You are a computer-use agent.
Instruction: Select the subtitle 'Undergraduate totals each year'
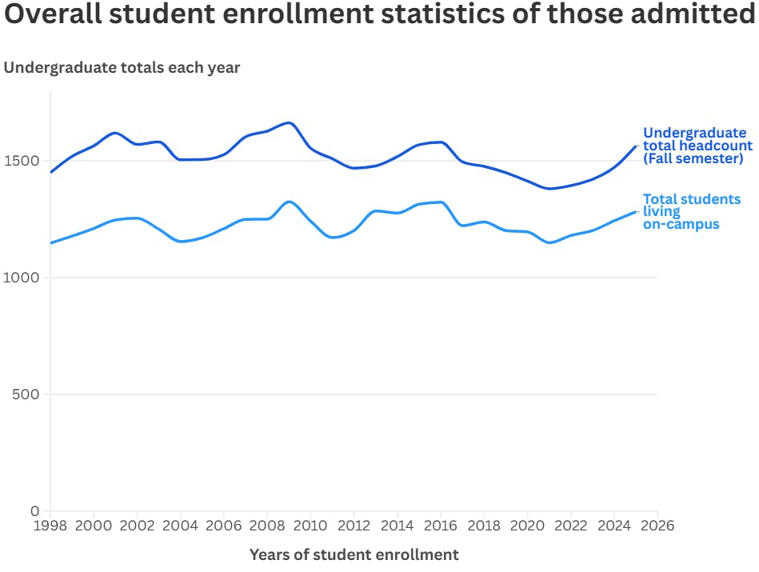pos(122,68)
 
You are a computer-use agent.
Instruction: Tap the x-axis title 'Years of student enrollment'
pos(354,554)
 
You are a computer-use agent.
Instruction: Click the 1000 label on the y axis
pos(22,278)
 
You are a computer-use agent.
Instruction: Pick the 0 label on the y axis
pos(34,510)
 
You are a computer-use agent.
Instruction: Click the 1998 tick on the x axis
pos(50,526)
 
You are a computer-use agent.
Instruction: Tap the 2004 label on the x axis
pos(180,526)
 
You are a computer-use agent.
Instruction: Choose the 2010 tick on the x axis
pos(310,526)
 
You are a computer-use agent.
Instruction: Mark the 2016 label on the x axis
pos(441,526)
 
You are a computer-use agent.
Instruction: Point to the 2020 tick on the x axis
pos(527,526)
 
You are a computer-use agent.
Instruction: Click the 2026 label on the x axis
pos(657,526)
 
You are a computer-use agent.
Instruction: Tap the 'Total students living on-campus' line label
pos(691,211)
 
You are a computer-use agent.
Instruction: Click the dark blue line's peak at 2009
pos(289,123)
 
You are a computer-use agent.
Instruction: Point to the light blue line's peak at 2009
pos(289,202)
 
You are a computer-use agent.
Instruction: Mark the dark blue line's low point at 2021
pos(549,189)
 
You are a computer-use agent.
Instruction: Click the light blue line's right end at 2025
pos(635,212)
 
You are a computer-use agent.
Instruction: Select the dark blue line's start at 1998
pos(50,172)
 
